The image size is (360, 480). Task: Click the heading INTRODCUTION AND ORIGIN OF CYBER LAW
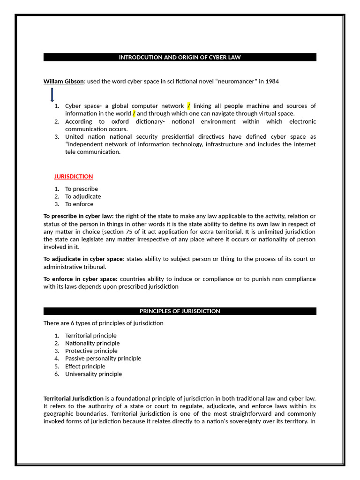[x=180, y=57]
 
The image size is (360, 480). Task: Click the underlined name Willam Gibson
[x=63, y=82]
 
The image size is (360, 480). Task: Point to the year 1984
[x=272, y=82]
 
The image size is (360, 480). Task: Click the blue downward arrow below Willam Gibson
[x=52, y=95]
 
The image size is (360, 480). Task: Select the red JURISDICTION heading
[x=74, y=176]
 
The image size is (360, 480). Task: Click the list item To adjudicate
[x=83, y=196]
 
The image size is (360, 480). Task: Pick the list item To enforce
[x=79, y=204]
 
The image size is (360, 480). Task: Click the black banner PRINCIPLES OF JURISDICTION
[x=180, y=311]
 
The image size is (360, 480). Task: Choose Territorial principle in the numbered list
[x=91, y=336]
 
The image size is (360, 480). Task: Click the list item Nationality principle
[x=92, y=343]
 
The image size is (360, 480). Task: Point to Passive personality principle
[x=103, y=358]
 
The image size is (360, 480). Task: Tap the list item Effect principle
[x=85, y=366]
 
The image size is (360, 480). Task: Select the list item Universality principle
[x=94, y=374]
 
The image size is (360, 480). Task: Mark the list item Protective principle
[x=91, y=351]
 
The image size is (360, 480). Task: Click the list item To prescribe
[x=82, y=189]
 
